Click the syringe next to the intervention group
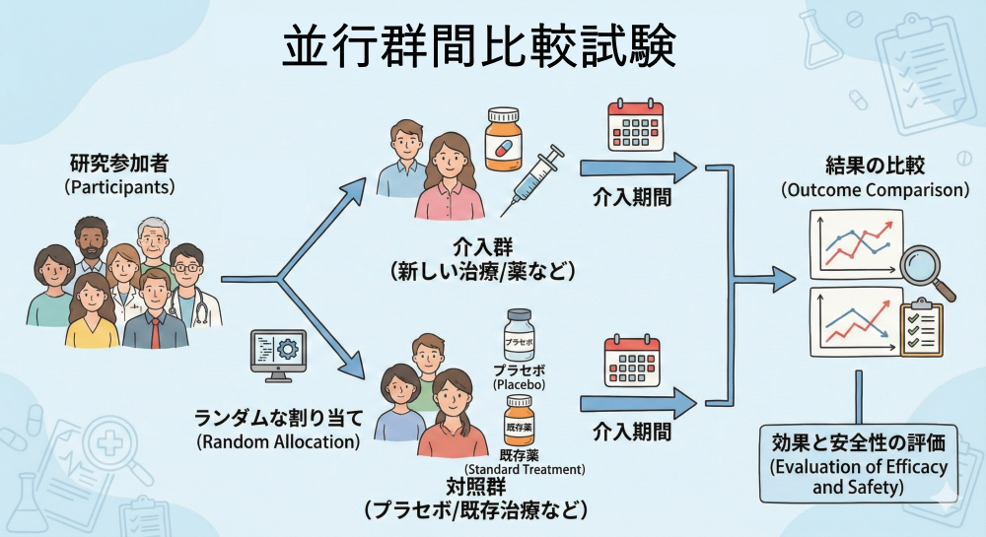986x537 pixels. point(532,177)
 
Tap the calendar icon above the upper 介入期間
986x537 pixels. point(632,125)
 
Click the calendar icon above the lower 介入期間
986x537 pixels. point(632,363)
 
